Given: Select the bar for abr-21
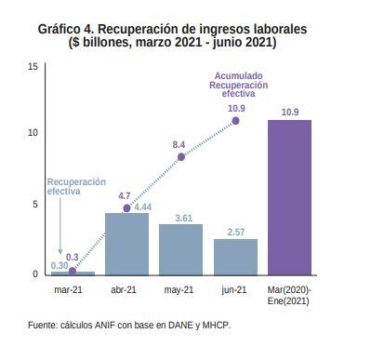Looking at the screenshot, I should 126,244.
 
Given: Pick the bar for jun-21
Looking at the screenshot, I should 235,257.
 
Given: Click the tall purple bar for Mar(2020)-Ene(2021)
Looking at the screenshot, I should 289,197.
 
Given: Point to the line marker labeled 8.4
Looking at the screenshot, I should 181,157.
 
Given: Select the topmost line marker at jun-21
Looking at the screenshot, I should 236,121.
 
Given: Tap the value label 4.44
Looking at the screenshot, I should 143,207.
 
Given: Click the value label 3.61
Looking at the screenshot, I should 183,218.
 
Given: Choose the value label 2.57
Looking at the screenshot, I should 236,232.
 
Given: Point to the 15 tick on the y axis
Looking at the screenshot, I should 33,67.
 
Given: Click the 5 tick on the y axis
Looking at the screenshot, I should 35,205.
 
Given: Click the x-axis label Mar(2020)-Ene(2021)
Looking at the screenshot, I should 289,296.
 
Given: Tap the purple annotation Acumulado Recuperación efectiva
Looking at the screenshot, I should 238,85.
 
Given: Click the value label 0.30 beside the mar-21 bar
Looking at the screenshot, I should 60,266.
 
